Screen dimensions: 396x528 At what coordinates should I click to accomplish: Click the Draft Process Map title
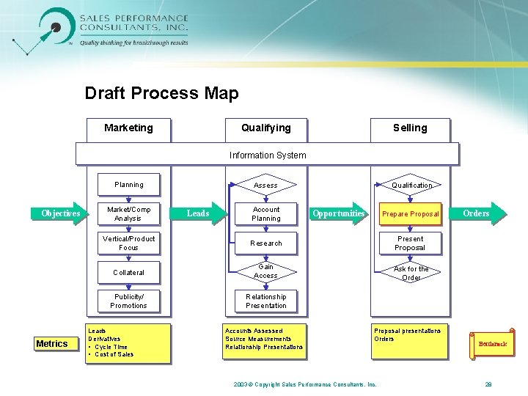tap(161, 93)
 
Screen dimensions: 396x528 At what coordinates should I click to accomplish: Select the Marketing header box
tap(128, 128)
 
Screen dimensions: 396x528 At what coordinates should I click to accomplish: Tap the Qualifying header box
tap(266, 128)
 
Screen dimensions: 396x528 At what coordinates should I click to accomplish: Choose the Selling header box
tap(410, 128)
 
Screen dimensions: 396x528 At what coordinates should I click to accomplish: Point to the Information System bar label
tap(268, 155)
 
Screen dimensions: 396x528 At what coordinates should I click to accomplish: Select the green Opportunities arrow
tap(339, 213)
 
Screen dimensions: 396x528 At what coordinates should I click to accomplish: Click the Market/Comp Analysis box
tap(129, 213)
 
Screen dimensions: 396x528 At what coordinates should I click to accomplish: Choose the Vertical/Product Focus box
tap(129, 243)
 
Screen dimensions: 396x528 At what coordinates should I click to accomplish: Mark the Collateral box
tap(129, 272)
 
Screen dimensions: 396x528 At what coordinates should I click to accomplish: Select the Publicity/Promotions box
tap(129, 301)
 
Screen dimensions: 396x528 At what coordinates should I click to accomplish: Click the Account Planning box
tap(266, 213)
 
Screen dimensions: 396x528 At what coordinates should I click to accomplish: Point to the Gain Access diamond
tap(265, 271)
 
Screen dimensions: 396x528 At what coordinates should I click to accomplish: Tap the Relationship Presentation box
tap(266, 301)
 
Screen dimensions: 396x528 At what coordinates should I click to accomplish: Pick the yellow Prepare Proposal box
tap(410, 213)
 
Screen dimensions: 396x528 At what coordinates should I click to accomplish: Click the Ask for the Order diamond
tap(411, 273)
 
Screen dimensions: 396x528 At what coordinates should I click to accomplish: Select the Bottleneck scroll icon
tap(492, 343)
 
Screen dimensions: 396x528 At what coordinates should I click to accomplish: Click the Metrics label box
tap(52, 343)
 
